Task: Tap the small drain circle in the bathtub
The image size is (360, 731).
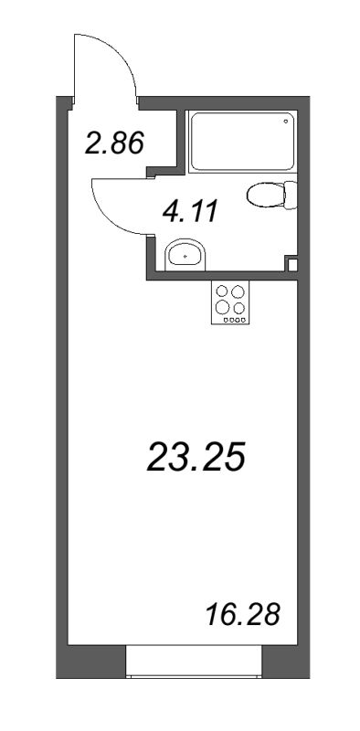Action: tap(286, 120)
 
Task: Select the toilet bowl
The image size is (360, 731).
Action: tap(266, 195)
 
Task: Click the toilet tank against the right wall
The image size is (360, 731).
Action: tap(291, 195)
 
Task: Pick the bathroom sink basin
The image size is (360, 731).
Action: tap(186, 255)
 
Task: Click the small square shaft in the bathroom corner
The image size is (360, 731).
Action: tap(292, 265)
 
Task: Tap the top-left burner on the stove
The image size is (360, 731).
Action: tap(222, 292)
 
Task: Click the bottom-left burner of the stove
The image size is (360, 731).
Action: tap(222, 307)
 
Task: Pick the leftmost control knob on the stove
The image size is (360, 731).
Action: tap(221, 320)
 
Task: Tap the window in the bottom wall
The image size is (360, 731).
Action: tap(194, 660)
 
